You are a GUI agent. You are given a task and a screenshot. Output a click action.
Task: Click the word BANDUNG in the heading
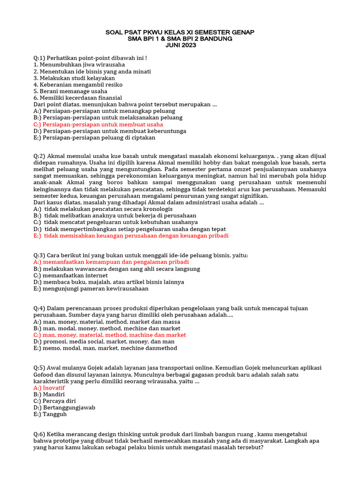tap(217, 38)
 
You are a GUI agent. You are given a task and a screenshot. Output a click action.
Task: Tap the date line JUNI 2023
tap(180, 45)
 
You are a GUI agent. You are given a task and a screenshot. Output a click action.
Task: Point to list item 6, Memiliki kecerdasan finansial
tap(77, 97)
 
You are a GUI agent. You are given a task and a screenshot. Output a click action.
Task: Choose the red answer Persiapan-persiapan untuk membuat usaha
tap(98, 125)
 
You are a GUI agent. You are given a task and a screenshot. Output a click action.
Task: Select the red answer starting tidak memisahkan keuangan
tap(131, 236)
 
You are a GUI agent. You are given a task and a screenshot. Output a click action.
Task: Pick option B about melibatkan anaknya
tap(115, 216)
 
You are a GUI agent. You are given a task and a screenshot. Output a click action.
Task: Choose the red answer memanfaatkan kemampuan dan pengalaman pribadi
tap(111, 262)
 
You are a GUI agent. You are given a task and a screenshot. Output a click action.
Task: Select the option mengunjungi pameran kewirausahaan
tap(91, 289)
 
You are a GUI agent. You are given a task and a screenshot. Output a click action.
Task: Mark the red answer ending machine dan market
tap(110, 335)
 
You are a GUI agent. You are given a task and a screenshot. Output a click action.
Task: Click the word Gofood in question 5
tap(45, 375)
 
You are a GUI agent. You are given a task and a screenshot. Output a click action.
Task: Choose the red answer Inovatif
tap(49, 388)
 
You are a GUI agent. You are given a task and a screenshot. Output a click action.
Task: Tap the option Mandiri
tap(49, 395)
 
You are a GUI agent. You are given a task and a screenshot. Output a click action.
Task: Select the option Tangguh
tap(50, 414)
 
